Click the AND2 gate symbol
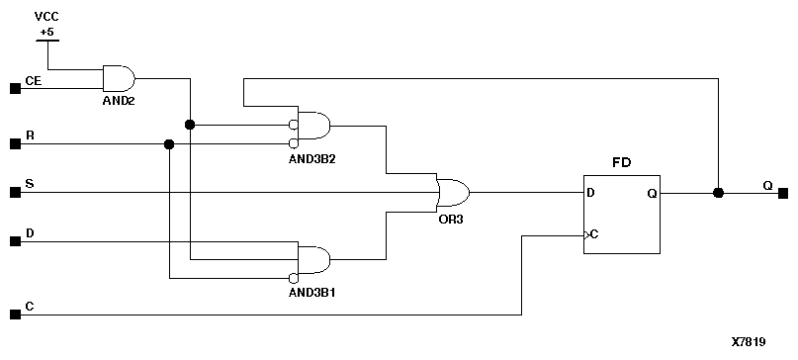pos(119,78)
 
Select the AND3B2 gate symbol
pos(314,126)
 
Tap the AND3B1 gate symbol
pos(314,259)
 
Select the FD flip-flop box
pos(621,213)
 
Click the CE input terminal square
pos(15,88)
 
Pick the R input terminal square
pos(15,144)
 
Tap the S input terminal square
pos(15,192)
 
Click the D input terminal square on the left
pos(15,241)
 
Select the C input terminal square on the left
pos(15,315)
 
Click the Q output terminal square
pos(783,193)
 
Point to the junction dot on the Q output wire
pos(718,193)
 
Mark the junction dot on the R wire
pos(169,144)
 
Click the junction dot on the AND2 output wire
pos(189,125)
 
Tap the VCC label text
pos(46,17)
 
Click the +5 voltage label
pos(46,31)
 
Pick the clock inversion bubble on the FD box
pos(585,235)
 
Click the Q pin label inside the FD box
pos(651,193)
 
